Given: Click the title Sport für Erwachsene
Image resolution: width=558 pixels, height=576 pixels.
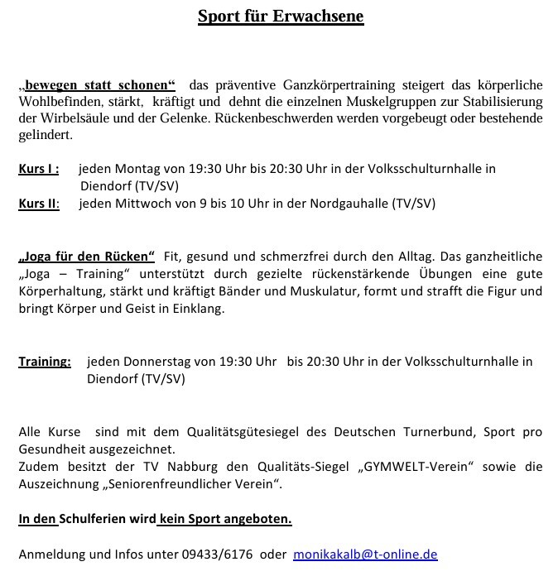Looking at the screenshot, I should (280, 17).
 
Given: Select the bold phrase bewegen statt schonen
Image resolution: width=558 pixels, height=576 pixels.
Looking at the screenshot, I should (100, 85).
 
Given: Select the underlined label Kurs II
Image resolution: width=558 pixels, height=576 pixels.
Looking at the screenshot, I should (39, 203).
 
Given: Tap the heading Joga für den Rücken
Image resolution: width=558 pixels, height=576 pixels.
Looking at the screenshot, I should (87, 257).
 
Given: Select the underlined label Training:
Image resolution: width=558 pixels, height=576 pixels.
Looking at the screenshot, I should (45, 362).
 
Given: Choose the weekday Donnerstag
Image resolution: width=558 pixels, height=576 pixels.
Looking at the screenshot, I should (157, 362).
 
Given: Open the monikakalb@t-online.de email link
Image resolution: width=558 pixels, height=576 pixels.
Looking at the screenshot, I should (365, 554).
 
